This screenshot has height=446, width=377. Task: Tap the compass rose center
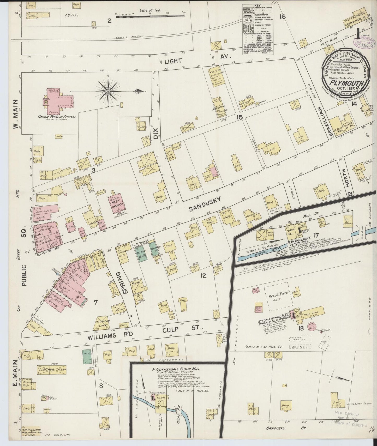[x=108, y=91]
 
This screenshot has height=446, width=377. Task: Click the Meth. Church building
[x=117, y=203]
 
